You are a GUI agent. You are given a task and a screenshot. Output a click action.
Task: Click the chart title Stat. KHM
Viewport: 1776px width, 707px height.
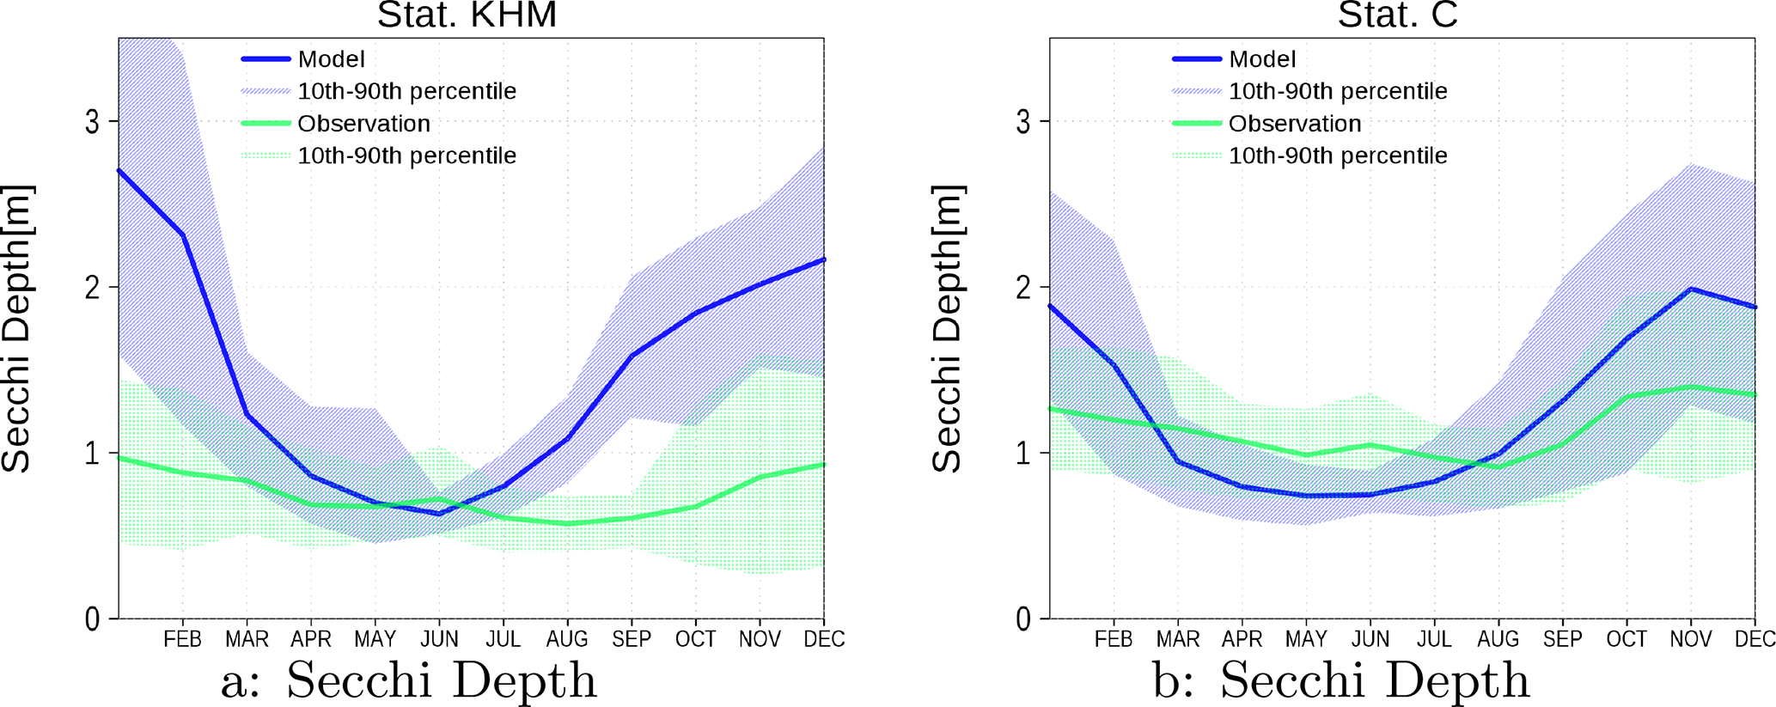pos(467,15)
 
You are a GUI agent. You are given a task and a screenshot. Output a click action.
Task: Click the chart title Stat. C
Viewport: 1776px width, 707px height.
pos(1397,15)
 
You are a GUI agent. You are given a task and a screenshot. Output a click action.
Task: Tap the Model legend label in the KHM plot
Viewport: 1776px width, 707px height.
pos(331,59)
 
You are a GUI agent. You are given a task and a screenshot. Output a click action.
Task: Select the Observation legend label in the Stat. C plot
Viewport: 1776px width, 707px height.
pos(1295,124)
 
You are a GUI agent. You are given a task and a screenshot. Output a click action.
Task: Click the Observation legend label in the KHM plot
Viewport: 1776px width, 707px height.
pos(363,124)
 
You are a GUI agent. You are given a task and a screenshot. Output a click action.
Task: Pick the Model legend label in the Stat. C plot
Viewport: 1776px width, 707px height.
pos(1262,59)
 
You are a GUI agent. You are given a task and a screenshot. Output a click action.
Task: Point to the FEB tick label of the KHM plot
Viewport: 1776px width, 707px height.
pos(182,639)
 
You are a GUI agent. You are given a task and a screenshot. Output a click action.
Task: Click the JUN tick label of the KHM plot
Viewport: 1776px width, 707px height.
pos(439,639)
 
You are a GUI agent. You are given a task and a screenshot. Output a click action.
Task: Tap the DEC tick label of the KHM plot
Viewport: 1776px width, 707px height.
pos(824,639)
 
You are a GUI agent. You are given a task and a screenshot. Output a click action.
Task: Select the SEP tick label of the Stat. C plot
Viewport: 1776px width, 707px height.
pos(1562,639)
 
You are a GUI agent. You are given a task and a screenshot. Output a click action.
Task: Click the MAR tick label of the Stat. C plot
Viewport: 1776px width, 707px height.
pos(1177,639)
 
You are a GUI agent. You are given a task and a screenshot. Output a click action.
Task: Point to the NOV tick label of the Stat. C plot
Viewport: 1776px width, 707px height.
pos(1690,639)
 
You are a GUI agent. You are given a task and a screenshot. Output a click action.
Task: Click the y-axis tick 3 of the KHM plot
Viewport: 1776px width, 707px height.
pos(92,122)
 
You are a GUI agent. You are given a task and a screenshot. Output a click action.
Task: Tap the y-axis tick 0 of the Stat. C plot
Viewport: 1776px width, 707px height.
pos(1022,619)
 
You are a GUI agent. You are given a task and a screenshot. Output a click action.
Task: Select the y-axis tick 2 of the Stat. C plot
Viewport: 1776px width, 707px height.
pos(1022,288)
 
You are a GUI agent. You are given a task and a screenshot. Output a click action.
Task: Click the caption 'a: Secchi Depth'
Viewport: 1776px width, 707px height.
pos(408,680)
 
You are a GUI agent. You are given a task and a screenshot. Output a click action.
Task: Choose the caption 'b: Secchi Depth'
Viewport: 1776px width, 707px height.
pos(1340,680)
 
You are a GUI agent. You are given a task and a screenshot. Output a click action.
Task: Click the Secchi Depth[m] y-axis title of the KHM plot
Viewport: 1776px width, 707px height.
pos(17,328)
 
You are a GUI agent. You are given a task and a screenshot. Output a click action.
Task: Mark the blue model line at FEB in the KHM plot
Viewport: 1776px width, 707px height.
pos(182,235)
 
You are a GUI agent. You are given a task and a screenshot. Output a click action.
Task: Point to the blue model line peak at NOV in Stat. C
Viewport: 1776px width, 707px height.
pos(1690,290)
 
